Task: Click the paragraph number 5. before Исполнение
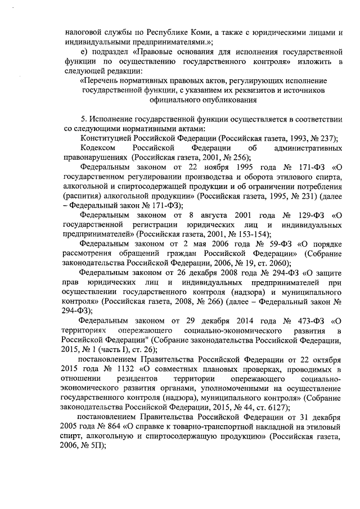[x=84, y=120]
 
